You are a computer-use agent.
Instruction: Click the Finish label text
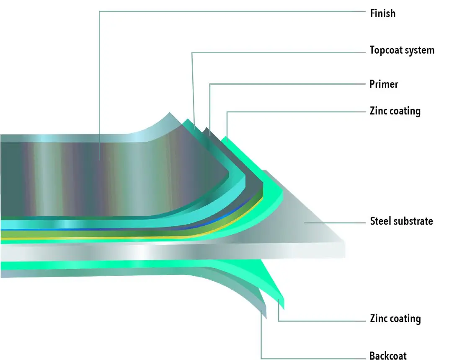(382, 13)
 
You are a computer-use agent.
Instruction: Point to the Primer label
(384, 84)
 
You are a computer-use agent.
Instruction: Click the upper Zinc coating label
(395, 111)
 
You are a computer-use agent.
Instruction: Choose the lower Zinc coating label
(395, 319)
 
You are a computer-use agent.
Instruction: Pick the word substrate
(413, 221)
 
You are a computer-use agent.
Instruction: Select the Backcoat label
(388, 356)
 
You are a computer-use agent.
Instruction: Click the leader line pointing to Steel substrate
(335, 223)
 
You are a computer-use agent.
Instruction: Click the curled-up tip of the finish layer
(170, 114)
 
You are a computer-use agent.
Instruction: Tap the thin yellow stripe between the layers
(126, 238)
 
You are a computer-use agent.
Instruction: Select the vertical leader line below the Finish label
(99, 84)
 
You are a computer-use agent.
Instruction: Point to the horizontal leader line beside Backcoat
(314, 359)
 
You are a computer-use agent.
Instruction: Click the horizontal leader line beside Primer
(289, 84)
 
